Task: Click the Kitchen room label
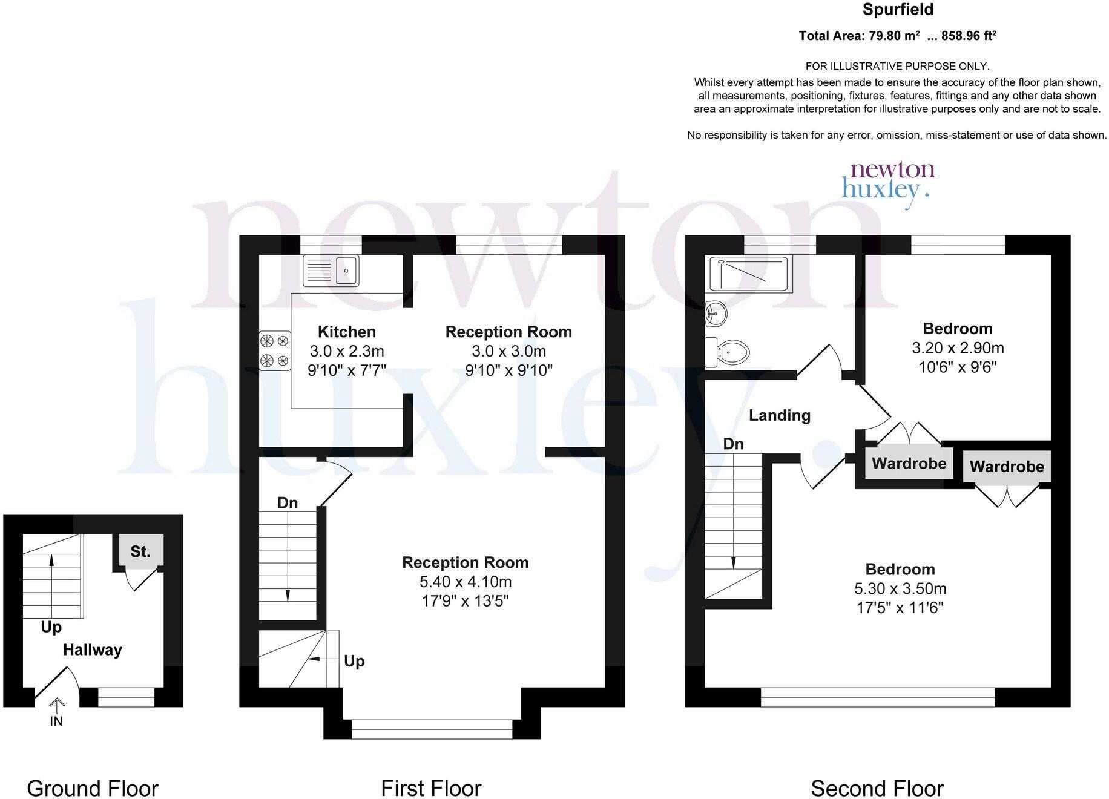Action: coord(346,332)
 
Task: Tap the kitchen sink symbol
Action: coord(331,270)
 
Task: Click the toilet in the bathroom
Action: coord(728,352)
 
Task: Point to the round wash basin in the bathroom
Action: coord(716,313)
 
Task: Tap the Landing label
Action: coord(779,415)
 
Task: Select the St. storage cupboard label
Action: coord(140,551)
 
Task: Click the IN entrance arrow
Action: coord(56,712)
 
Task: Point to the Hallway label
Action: coord(93,650)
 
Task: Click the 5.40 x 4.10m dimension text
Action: coord(465,582)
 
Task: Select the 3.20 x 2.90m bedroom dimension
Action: coord(957,348)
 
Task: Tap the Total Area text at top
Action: coord(897,36)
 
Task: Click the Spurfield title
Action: coord(898,10)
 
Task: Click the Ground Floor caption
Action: coord(93,789)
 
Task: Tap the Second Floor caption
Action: coord(877,789)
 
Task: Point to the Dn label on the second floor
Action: coord(733,444)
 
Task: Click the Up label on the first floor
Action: coord(354,660)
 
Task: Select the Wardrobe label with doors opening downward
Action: coord(1006,467)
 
